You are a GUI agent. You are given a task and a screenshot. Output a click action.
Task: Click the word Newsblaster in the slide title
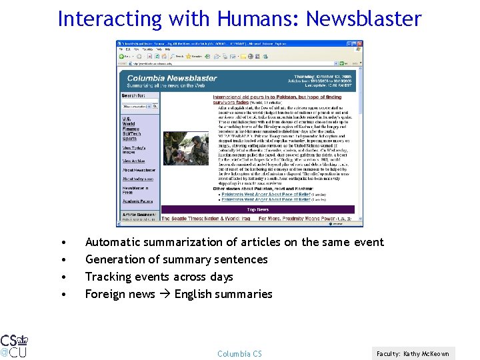tap(364, 18)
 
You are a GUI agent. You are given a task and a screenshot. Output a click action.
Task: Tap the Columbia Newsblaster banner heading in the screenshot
tap(172, 78)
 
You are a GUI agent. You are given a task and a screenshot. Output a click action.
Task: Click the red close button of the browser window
tap(359, 43)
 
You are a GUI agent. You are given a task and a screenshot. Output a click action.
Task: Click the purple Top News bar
tap(257, 209)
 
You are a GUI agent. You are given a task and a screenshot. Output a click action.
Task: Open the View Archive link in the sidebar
tap(133, 161)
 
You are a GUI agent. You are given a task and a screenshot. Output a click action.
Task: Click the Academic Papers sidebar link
tap(137, 201)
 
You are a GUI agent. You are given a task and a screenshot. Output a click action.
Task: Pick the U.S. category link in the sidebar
tap(126, 119)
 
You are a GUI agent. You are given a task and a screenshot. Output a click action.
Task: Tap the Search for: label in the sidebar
tap(133, 95)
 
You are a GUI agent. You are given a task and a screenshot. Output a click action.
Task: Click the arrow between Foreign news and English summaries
tap(165, 295)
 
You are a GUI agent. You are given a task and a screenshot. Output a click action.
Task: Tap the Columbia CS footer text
tap(239, 353)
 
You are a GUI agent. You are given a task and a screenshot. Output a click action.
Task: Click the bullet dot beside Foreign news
tap(62, 295)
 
